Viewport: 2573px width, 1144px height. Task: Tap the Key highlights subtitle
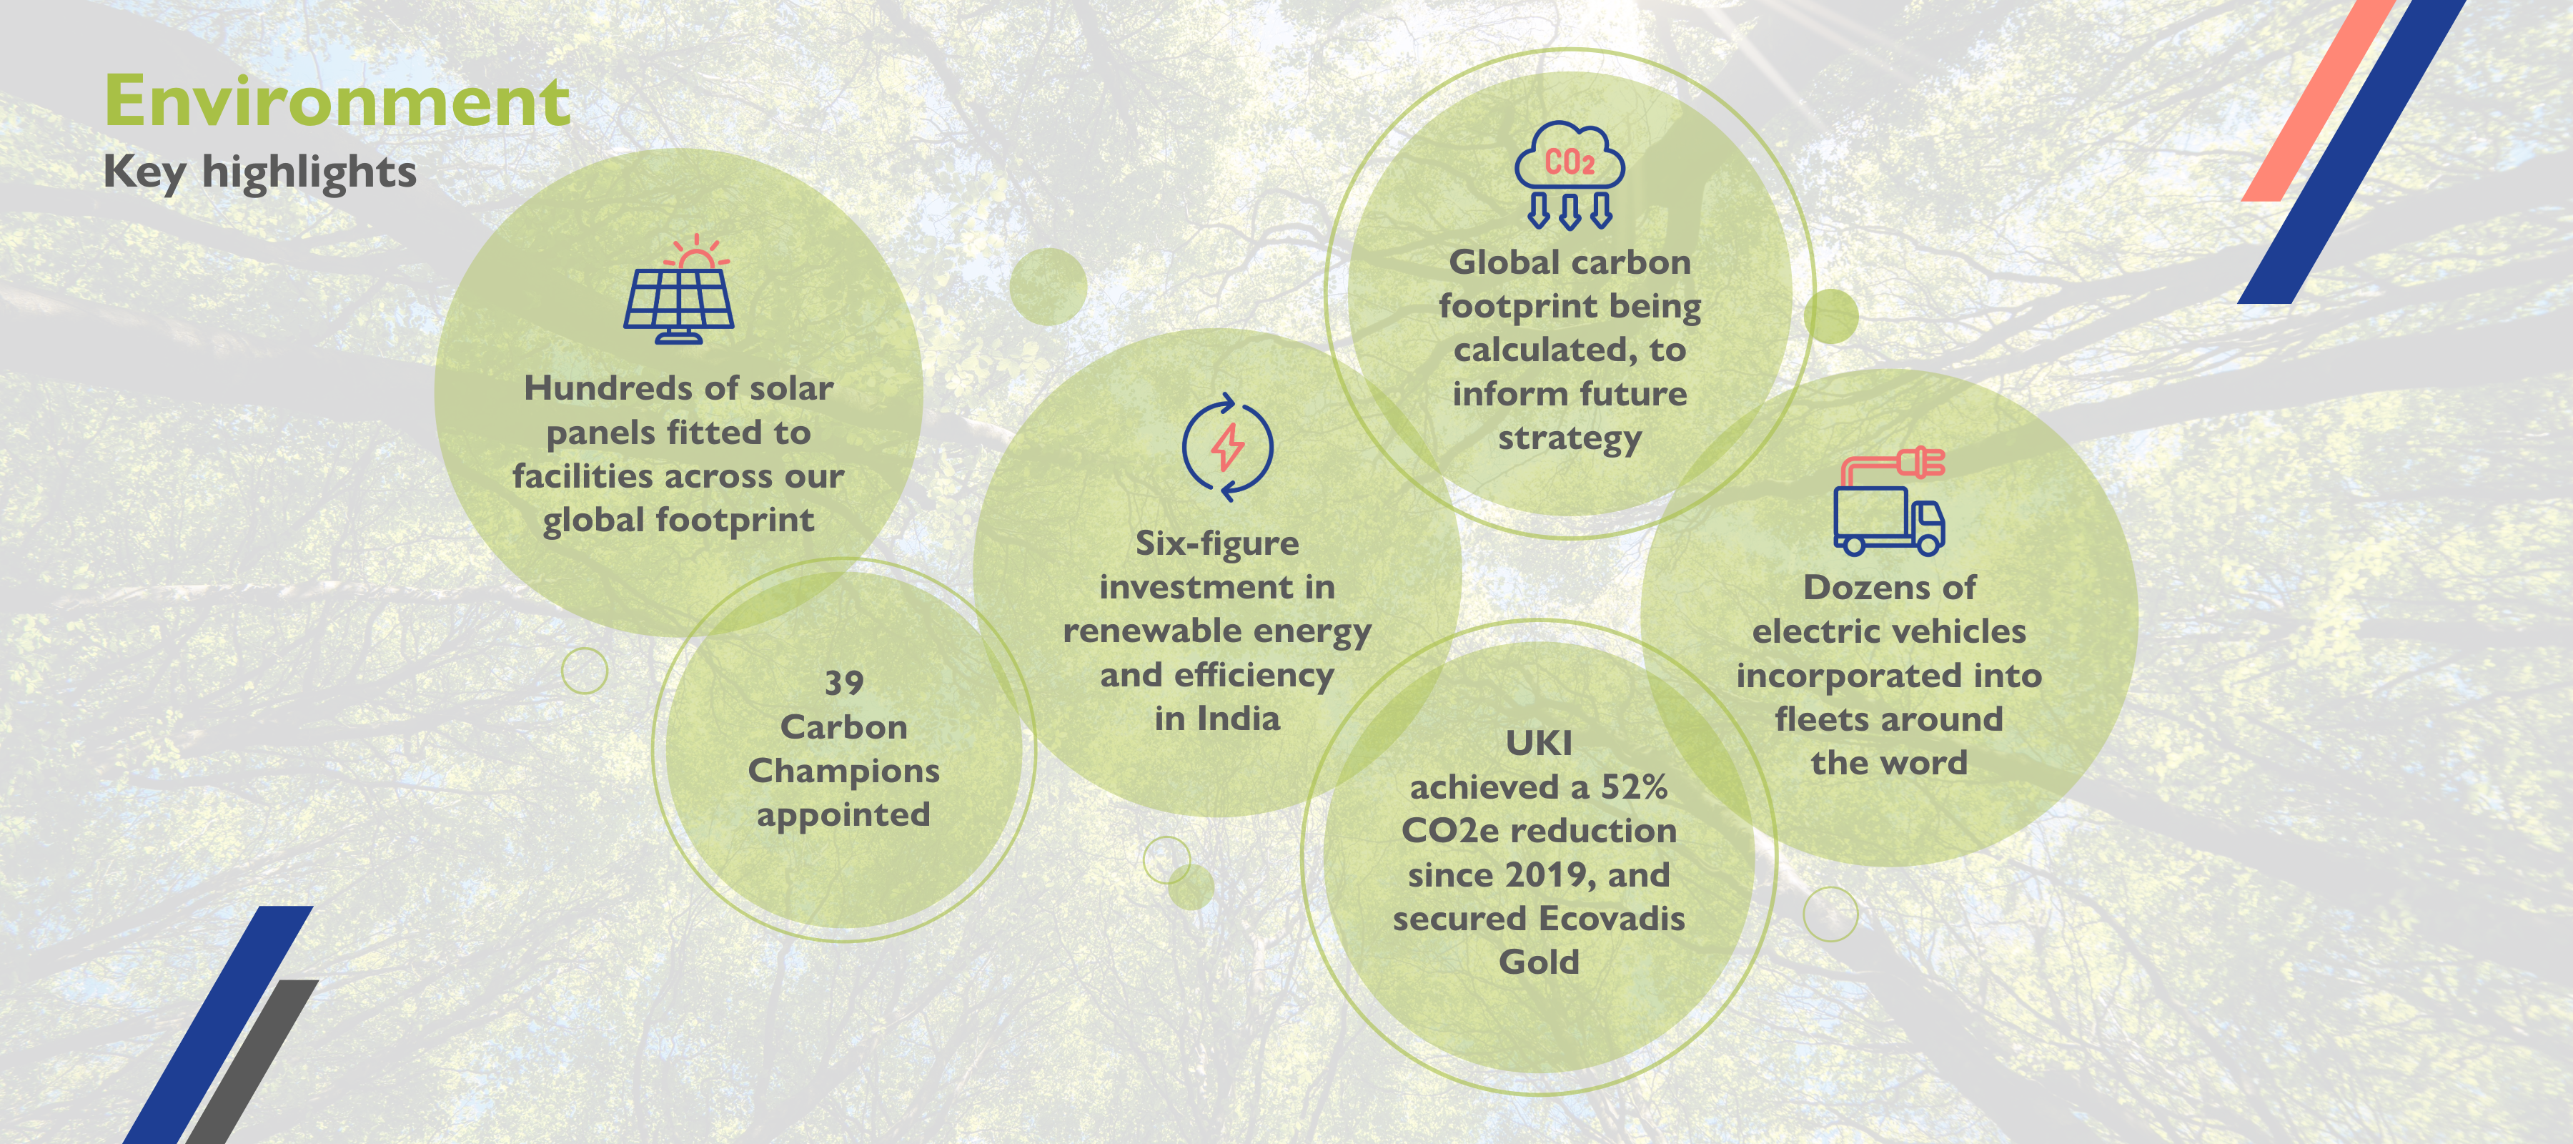259,172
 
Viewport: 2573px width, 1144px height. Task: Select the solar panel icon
679,289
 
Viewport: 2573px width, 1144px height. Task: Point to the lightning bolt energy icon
1228,447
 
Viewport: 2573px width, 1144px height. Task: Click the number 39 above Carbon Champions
844,682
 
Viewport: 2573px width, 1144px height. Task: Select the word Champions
844,772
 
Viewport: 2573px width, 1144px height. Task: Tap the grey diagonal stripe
252,1061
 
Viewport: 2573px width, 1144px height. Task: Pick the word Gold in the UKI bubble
1540,962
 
